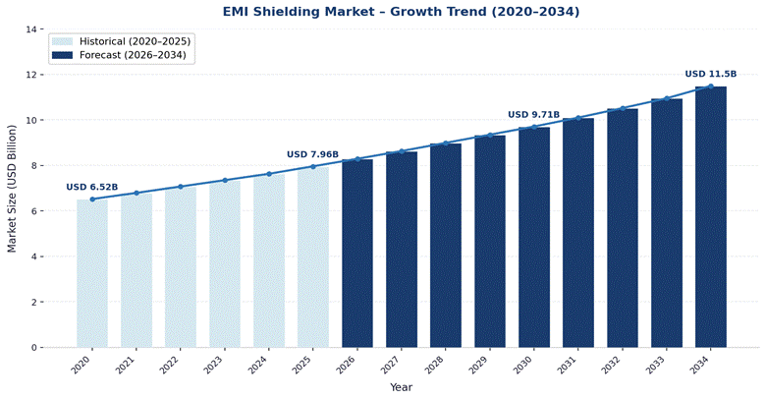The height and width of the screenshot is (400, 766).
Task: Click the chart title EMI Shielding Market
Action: click(401, 12)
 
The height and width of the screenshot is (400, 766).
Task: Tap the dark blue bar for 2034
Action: click(711, 216)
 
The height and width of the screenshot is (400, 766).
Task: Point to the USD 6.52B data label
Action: click(92, 187)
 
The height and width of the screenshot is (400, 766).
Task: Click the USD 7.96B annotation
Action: click(312, 154)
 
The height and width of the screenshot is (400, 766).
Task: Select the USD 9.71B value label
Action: click(533, 115)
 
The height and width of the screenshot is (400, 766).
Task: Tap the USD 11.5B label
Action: click(710, 74)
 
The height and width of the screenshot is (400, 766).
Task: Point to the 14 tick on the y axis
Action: click(31, 29)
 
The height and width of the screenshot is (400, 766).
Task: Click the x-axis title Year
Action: click(401, 387)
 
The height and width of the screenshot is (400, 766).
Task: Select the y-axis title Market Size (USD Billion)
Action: click(12, 189)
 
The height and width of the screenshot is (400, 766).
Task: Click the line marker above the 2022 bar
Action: click(181, 187)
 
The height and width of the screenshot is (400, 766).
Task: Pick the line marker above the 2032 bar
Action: click(623, 108)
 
